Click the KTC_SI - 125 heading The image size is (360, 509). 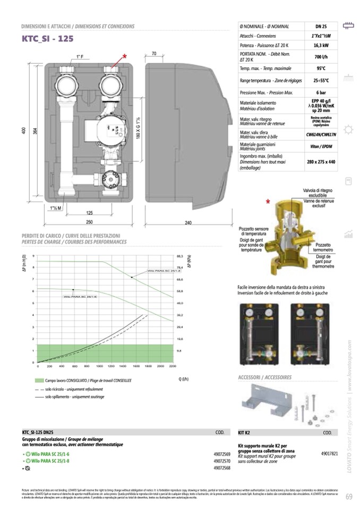coord(47,39)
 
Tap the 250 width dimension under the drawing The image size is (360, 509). coord(89,222)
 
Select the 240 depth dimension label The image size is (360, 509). coord(188,223)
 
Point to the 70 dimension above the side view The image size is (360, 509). coord(153,54)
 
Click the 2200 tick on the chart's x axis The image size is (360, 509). coord(172,366)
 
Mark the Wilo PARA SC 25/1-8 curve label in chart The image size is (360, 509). coord(148,271)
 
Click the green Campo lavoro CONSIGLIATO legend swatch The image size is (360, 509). coord(38,381)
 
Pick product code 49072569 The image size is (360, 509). coord(221,455)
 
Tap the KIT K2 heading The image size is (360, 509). coord(245,433)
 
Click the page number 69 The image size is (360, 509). coord(348,497)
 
